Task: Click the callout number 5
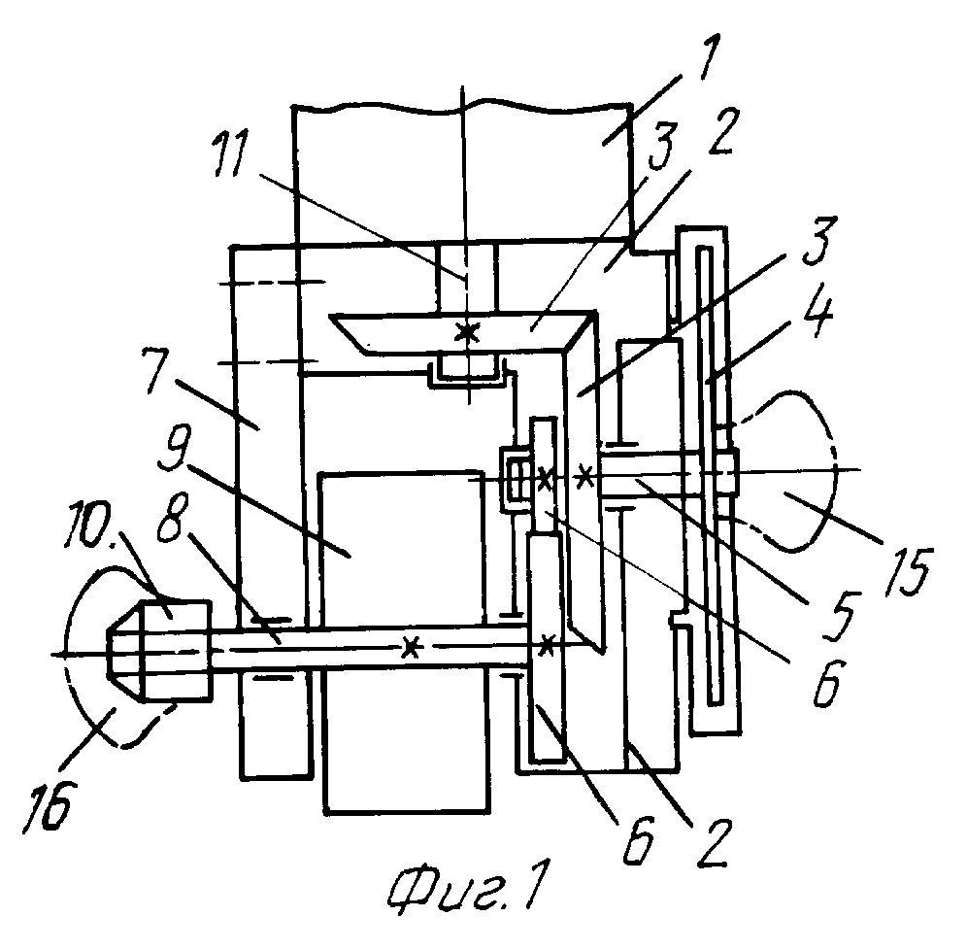[x=840, y=615]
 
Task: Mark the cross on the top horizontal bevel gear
[x=467, y=332]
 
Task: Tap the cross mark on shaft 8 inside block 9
[x=410, y=647]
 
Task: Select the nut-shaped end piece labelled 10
[x=160, y=650]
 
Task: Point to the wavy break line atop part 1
[x=462, y=109]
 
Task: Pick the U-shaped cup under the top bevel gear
[x=467, y=376]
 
